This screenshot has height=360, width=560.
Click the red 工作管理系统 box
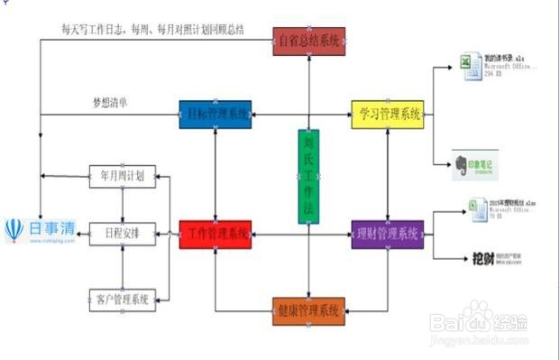(x=215, y=235)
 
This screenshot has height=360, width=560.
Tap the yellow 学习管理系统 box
(x=387, y=115)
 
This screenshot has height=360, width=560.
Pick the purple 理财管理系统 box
(x=387, y=235)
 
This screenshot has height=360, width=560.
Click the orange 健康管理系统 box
(x=308, y=311)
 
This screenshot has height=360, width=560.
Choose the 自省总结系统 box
(x=309, y=42)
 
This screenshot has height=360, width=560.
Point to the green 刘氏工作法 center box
(x=308, y=176)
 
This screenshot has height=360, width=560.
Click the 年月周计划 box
(x=123, y=176)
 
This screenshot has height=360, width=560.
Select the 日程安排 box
(x=123, y=233)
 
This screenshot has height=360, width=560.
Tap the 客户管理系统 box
(x=123, y=299)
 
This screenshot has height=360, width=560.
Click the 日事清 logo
(x=41, y=231)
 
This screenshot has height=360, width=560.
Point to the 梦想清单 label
(x=109, y=102)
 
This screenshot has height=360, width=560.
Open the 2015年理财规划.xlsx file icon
(x=479, y=208)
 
